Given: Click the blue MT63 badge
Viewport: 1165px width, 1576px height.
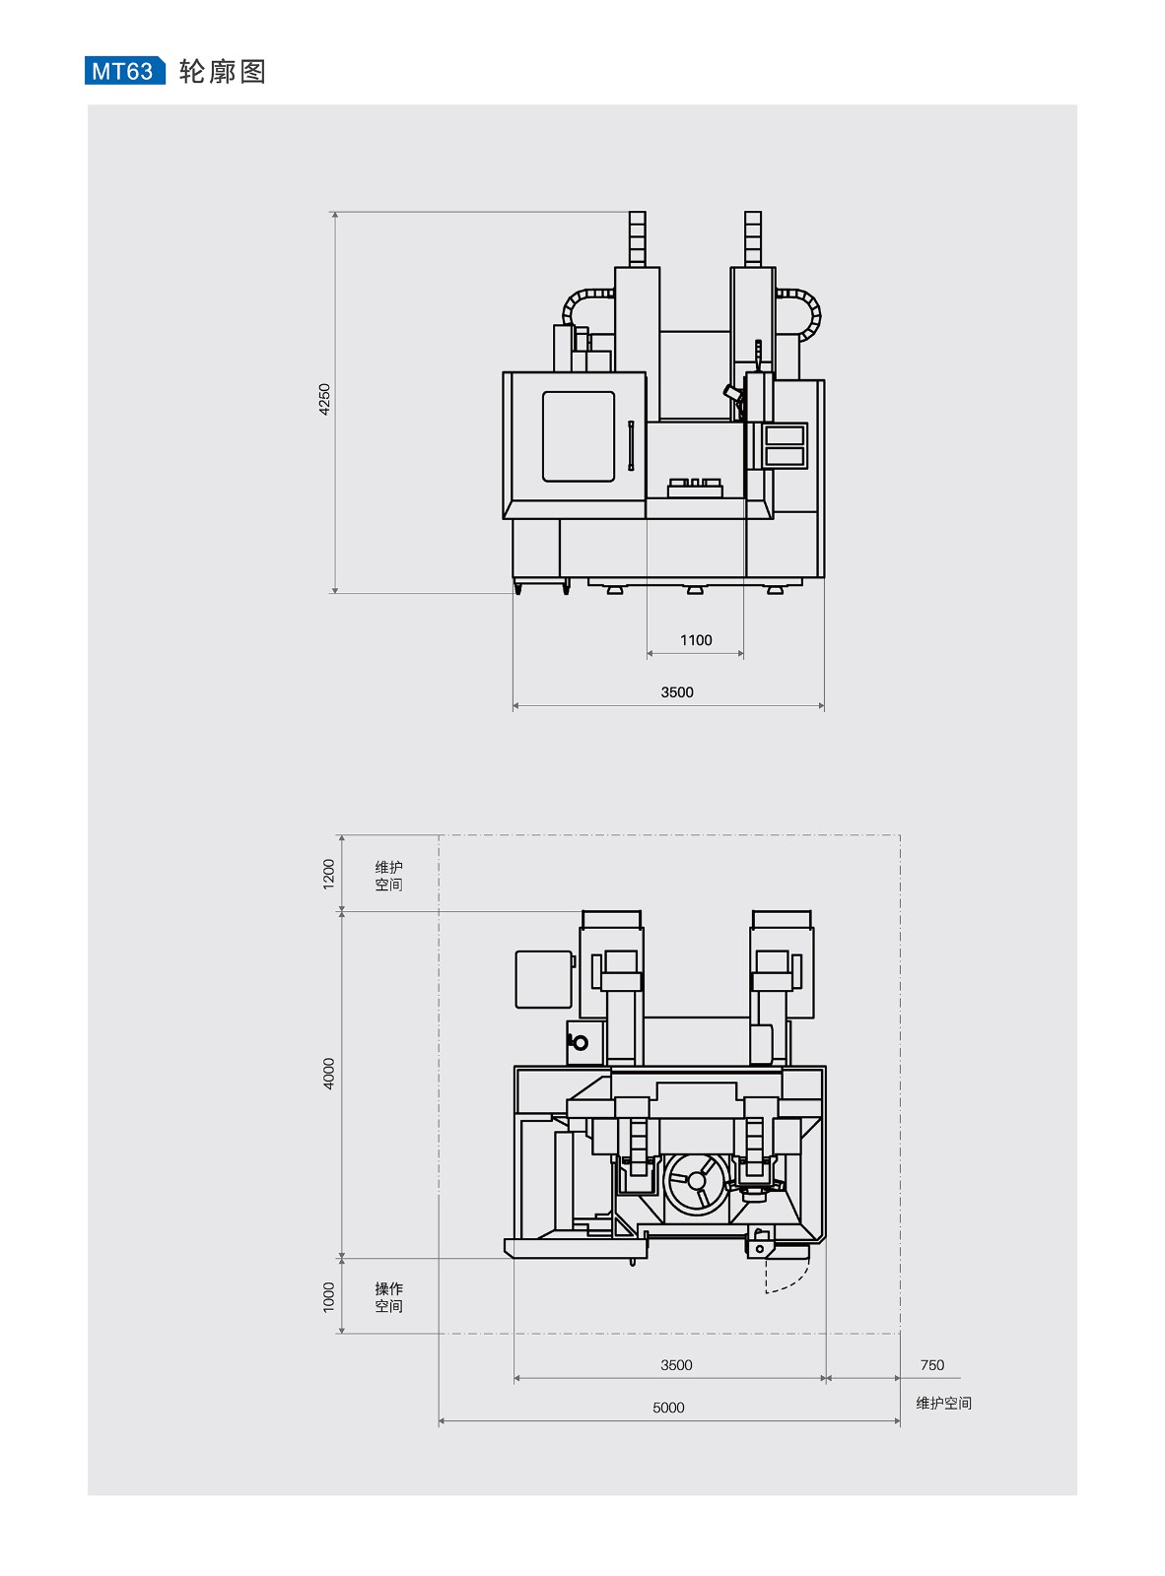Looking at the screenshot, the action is pos(124,70).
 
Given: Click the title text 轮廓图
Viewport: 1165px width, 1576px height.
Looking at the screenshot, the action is pos(222,71).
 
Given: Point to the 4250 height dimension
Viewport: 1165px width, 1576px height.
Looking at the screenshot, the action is pos(324,399).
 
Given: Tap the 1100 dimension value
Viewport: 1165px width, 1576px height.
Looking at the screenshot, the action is pos(695,639).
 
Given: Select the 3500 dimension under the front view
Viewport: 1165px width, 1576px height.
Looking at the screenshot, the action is pos(676,691).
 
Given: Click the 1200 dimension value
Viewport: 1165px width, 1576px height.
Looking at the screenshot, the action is pos(328,874).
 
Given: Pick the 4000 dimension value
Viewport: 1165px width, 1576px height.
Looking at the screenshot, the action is pos(328,1073).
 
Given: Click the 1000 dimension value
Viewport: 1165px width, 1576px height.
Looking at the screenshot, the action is pos(328,1297).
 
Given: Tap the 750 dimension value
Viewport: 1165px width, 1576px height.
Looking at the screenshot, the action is pos(931,1364).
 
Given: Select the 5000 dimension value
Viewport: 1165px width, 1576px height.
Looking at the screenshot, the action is pos(668,1407).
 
